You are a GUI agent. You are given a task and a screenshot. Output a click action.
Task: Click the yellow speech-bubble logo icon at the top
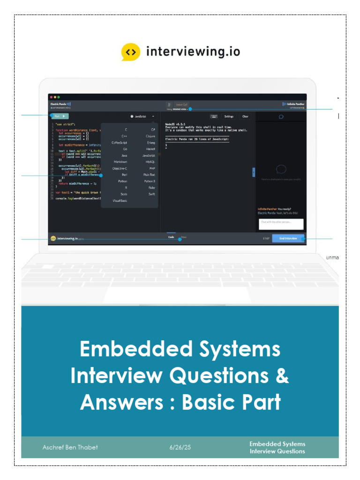pyautogui.click(x=131, y=52)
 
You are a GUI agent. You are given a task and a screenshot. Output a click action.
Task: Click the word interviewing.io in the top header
pyautogui.click(x=193, y=51)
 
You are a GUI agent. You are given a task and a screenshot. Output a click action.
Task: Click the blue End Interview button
pyautogui.click(x=288, y=238)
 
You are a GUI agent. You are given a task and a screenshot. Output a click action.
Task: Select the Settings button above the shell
pyautogui.click(x=229, y=116)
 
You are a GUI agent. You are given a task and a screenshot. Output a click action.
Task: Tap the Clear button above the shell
pyautogui.click(x=245, y=116)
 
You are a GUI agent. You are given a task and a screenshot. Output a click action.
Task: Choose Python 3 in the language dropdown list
pyautogui.click(x=150, y=181)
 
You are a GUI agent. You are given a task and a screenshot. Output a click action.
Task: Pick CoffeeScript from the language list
pyautogui.click(x=120, y=142)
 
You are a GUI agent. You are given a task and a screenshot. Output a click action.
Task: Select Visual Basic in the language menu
pyautogui.click(x=120, y=201)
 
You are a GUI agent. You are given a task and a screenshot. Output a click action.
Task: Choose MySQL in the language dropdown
pyautogui.click(x=150, y=162)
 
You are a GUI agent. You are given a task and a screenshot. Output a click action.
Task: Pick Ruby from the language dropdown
pyautogui.click(x=151, y=187)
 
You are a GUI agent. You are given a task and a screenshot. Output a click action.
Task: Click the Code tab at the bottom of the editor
pyautogui.click(x=171, y=237)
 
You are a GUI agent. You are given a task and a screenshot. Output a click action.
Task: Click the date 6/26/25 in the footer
pyautogui.click(x=180, y=447)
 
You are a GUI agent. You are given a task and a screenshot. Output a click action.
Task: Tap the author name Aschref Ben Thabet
pyautogui.click(x=70, y=447)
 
